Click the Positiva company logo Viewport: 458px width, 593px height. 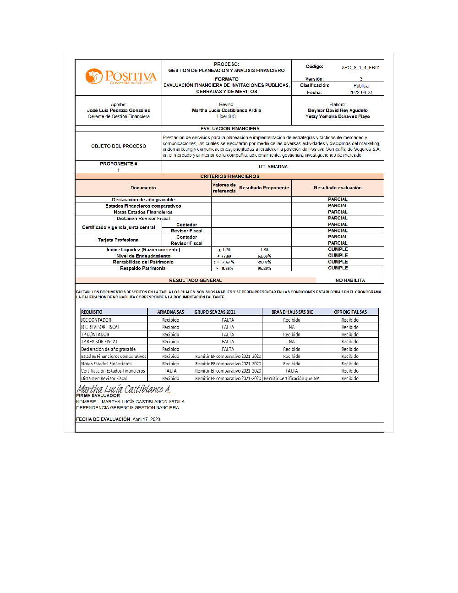pos(120,77)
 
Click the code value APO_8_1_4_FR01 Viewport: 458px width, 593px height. pos(360,68)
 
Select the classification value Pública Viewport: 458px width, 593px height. pos(361,86)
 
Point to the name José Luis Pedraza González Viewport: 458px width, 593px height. pos(119,110)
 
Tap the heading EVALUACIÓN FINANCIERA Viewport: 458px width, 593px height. pos(229,129)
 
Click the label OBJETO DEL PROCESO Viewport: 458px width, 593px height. pos(119,146)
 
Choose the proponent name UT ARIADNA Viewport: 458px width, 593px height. pos(273,167)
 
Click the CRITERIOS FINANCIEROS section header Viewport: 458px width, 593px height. pos(229,176)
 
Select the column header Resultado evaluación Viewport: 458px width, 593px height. pos(338,188)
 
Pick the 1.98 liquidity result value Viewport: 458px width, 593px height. pos(264,250)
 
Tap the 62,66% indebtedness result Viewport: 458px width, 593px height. pos(264,256)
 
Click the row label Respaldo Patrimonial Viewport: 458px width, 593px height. pos(143,269)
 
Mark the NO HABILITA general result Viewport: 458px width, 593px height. pos(350,280)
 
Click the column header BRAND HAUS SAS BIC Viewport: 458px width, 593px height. pos(292,312)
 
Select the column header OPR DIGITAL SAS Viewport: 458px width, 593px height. pos(350,312)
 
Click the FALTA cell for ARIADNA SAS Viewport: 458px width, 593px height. pos(170,371)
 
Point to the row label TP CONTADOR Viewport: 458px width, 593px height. pos(95,335)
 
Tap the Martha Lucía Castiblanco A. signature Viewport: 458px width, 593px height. pos(124,389)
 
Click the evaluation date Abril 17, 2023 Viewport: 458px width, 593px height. pos(146,419)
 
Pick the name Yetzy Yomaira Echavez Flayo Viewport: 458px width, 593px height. pos(338,117)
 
